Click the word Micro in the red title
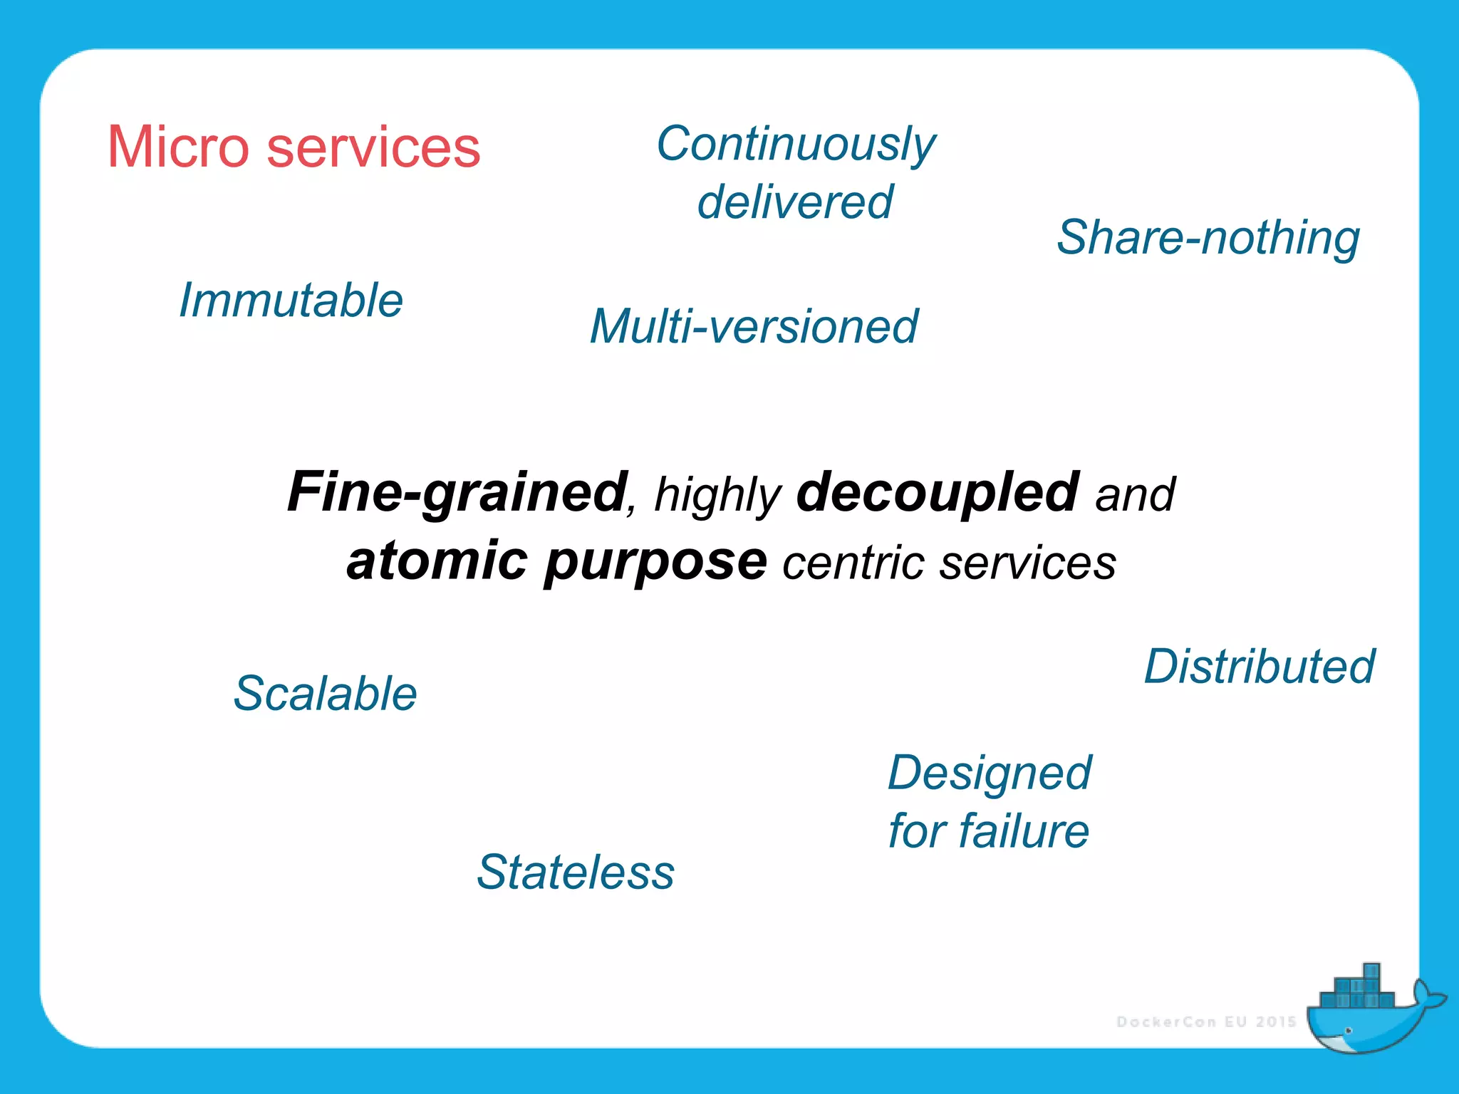coord(178,147)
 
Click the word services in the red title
coord(373,147)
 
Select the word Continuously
coord(796,145)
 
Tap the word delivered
coord(795,202)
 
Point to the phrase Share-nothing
coord(1208,238)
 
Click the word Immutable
coord(291,301)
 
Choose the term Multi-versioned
coord(754,327)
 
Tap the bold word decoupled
coord(938,493)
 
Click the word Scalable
coord(326,694)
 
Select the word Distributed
coord(1260,667)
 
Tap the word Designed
coord(990,773)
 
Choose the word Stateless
coord(576,872)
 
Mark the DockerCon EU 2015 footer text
coord(1206,1022)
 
